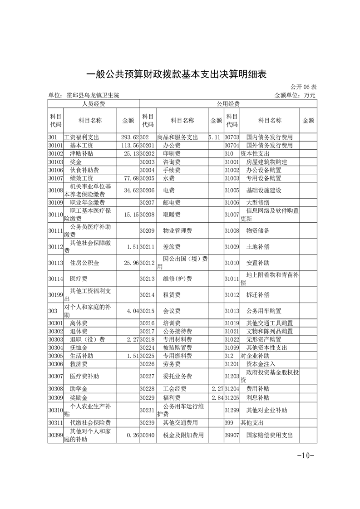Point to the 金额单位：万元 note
295,95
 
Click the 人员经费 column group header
94,104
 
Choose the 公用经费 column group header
228,104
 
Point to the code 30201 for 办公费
147,145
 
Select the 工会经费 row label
175,389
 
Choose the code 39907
232,435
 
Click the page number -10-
306,455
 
